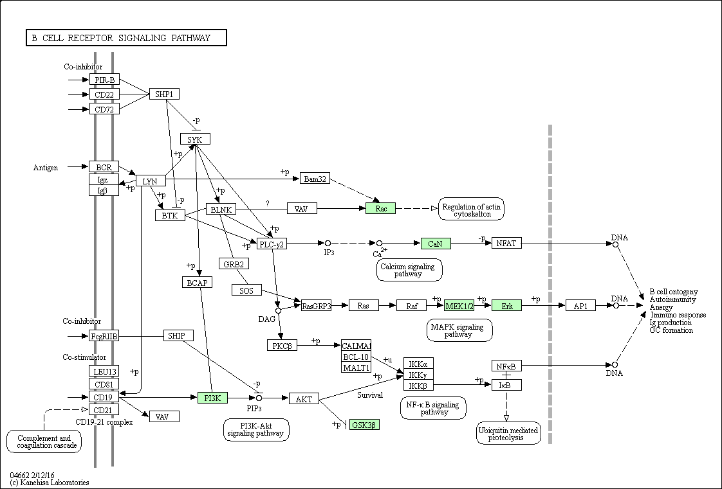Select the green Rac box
[380, 208]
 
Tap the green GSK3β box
[364, 425]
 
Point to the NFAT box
[506, 243]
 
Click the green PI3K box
[212, 398]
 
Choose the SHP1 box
[164, 94]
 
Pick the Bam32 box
[315, 178]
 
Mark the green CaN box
[436, 244]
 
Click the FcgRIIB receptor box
[104, 335]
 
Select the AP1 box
[580, 306]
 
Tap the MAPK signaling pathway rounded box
[459, 330]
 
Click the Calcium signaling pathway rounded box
[409, 270]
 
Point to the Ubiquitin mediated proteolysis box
[508, 434]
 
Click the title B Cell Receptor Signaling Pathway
[126, 38]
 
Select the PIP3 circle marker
[259, 398]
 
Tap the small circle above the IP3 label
[328, 243]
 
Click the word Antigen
[46, 168]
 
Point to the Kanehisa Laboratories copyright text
[50, 483]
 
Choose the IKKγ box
[418, 375]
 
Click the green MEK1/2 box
[459, 306]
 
